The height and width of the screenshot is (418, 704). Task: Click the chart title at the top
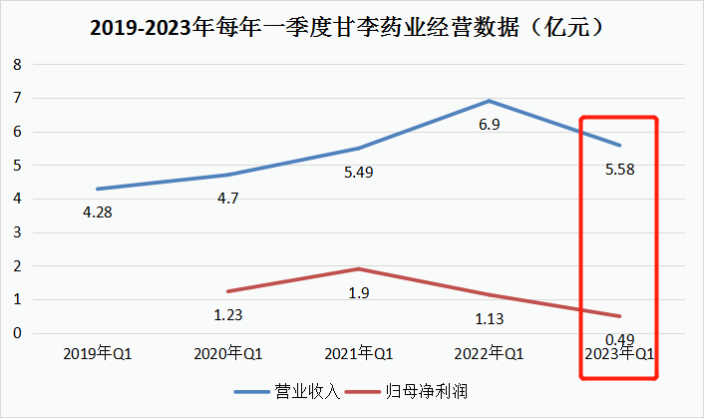pos(351,28)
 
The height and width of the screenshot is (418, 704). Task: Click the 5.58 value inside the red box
pos(617,170)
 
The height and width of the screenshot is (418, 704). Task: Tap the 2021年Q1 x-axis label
pos(361,353)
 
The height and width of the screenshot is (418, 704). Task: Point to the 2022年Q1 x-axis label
pos(489,353)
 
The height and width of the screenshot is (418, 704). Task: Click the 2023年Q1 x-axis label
pos(617,353)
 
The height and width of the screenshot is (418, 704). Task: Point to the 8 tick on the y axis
pos(17,65)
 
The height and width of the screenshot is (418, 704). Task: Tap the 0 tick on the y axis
pos(17,333)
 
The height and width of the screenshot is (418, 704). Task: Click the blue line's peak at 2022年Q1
pos(489,101)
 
